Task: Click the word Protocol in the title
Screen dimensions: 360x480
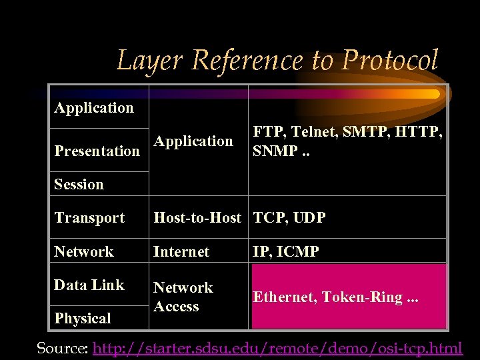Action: (x=390, y=60)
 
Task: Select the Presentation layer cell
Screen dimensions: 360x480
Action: (x=97, y=151)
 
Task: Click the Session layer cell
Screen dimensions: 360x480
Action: (x=79, y=184)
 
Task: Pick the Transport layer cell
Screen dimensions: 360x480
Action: (x=89, y=217)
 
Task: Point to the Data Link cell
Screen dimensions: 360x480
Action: (x=89, y=285)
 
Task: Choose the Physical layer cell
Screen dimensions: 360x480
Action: (x=83, y=318)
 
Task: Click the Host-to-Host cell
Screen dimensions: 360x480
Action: (x=197, y=217)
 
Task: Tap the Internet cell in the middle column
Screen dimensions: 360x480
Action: (x=181, y=251)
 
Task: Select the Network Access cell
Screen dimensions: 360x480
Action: (x=183, y=297)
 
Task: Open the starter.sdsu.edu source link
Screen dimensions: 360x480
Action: (x=277, y=347)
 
